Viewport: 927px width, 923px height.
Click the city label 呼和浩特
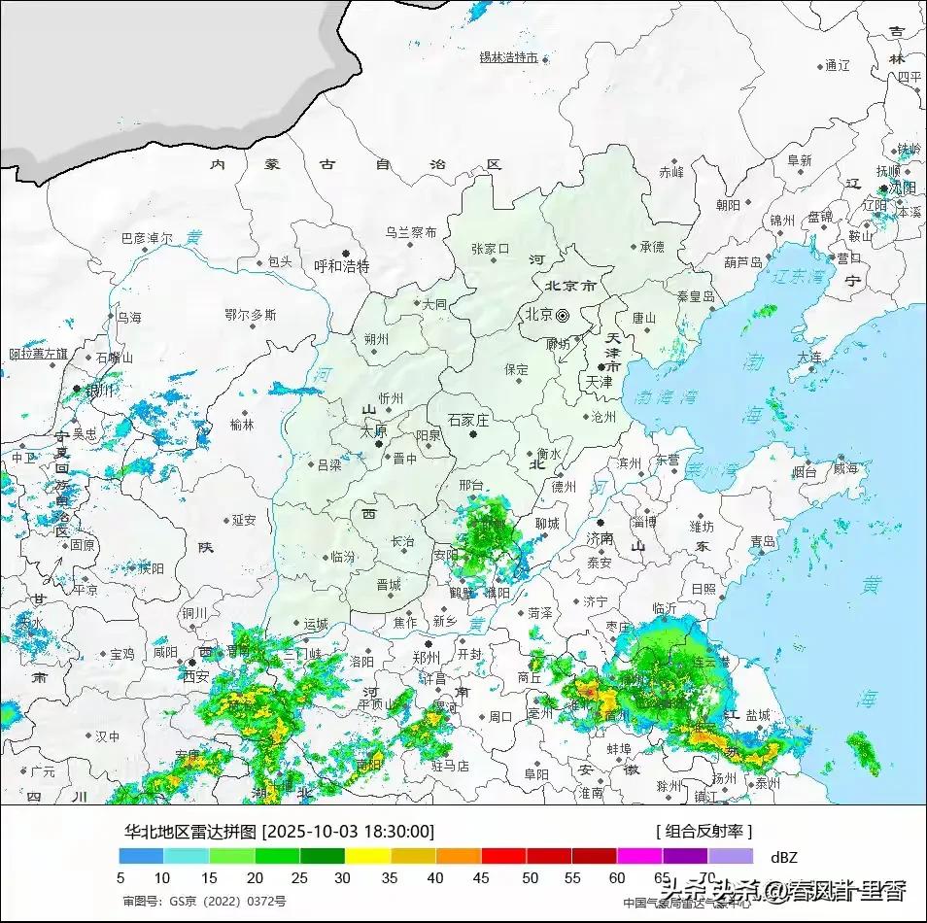click(x=342, y=266)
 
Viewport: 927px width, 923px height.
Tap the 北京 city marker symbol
click(x=562, y=314)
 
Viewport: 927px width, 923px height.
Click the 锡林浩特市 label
click(x=508, y=57)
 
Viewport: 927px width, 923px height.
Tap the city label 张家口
click(x=490, y=249)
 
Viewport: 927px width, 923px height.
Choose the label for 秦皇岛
click(x=695, y=296)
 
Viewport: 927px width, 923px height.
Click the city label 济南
click(x=600, y=537)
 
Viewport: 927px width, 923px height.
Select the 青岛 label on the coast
click(x=762, y=541)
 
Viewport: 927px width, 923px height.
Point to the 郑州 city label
click(x=427, y=658)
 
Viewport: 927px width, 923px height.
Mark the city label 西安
click(x=196, y=675)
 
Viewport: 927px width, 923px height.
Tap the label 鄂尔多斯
click(x=250, y=315)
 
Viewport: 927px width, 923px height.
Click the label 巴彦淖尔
click(x=146, y=238)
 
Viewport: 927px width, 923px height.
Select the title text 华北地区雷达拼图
click(x=189, y=832)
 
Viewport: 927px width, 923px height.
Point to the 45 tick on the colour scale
click(x=482, y=877)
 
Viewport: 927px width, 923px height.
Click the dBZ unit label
click(x=783, y=858)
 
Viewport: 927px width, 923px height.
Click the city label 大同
click(x=433, y=304)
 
